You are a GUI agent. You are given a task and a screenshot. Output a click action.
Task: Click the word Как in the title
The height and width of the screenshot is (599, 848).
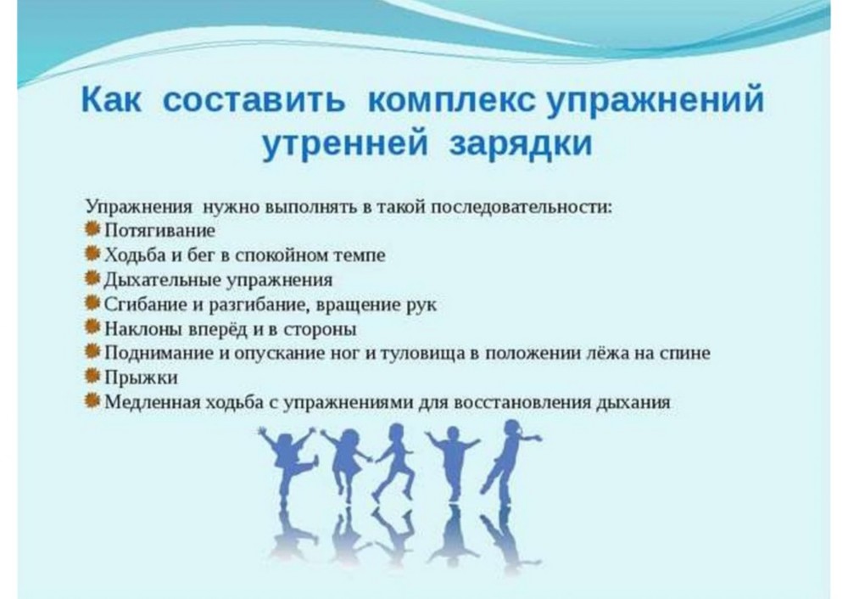(111, 99)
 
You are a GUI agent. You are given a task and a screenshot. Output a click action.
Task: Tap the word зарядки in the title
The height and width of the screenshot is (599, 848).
(521, 144)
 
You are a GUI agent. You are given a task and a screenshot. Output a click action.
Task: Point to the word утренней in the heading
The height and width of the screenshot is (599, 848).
(344, 144)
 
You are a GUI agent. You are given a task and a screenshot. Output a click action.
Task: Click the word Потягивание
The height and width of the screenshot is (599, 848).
(159, 231)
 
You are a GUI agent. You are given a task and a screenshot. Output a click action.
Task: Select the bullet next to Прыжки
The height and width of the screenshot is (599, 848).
(92, 376)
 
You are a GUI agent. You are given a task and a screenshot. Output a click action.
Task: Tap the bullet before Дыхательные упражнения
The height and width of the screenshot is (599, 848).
(92, 278)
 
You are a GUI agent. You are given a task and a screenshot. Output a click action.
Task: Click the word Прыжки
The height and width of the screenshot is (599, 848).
(141, 378)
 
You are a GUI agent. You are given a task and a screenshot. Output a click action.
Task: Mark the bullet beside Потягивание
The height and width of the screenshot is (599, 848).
(92, 229)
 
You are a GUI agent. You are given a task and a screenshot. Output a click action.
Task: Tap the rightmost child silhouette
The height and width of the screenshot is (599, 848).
(511, 460)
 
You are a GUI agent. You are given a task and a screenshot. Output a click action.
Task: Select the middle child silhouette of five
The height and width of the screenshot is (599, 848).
(393, 461)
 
